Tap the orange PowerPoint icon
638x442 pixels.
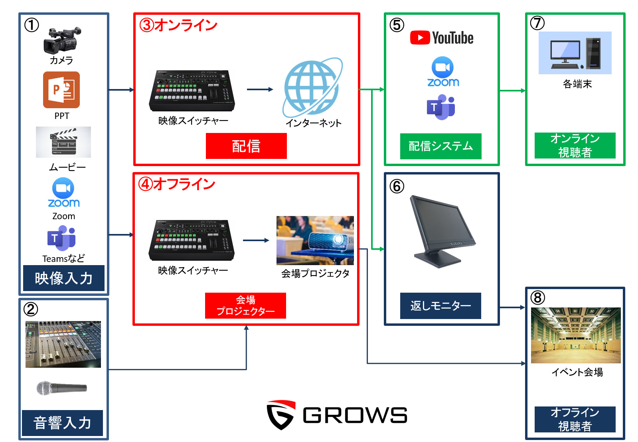tap(61, 90)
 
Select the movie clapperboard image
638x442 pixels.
tap(63, 142)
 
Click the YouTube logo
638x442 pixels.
tap(442, 38)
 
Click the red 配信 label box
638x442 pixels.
tap(246, 146)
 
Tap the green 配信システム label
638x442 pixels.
tap(440, 146)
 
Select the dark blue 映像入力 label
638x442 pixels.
tap(63, 278)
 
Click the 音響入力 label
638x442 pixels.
tap(63, 423)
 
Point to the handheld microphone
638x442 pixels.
tap(61, 388)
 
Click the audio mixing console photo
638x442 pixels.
tap(63, 344)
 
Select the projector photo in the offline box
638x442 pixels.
tap(315, 240)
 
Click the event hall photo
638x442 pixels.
tap(575, 335)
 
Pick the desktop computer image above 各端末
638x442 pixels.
tap(575, 53)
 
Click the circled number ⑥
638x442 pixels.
tap(397, 186)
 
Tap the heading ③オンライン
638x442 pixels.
tap(178, 25)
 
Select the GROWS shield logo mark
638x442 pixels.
tap(281, 415)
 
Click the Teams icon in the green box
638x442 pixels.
tap(441, 107)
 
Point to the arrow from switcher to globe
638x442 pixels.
tap(260, 89)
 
